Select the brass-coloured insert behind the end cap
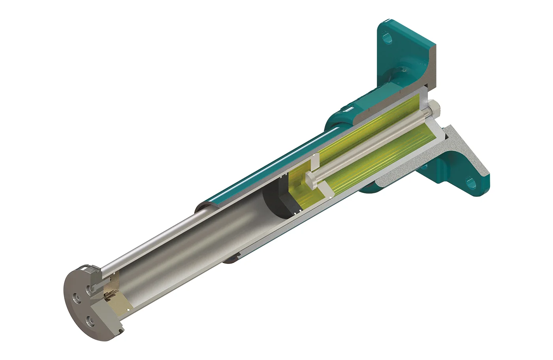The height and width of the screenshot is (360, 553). coord(110,295)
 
